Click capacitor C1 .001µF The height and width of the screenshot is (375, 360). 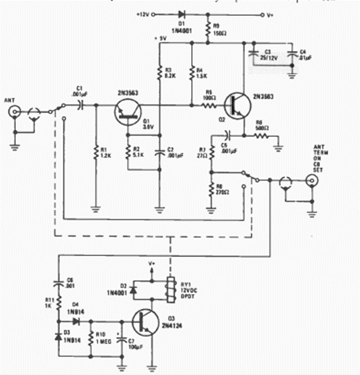pos(80,105)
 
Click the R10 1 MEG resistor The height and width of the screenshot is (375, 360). pos(89,340)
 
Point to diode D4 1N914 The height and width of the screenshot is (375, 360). pos(76,321)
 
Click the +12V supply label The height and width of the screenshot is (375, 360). pos(144,13)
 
